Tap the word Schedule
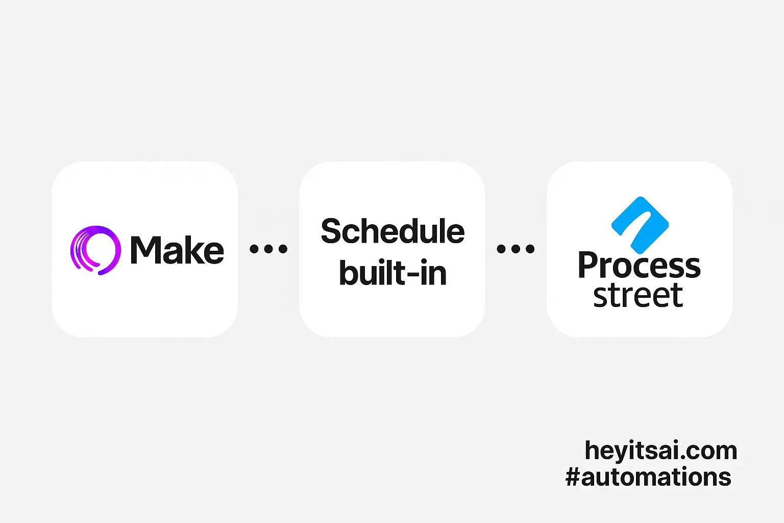pyautogui.click(x=393, y=231)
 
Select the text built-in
pyautogui.click(x=393, y=273)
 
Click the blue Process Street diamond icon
pyautogui.click(x=640, y=225)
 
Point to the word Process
pyautogui.click(x=639, y=265)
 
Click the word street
pyautogui.click(x=638, y=295)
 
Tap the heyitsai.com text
pyautogui.click(x=661, y=450)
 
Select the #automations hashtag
pyautogui.click(x=648, y=477)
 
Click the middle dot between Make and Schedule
pyautogui.click(x=268, y=249)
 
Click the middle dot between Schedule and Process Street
pyautogui.click(x=516, y=249)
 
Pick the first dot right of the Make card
pyautogui.click(x=255, y=249)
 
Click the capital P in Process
pyautogui.click(x=589, y=265)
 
